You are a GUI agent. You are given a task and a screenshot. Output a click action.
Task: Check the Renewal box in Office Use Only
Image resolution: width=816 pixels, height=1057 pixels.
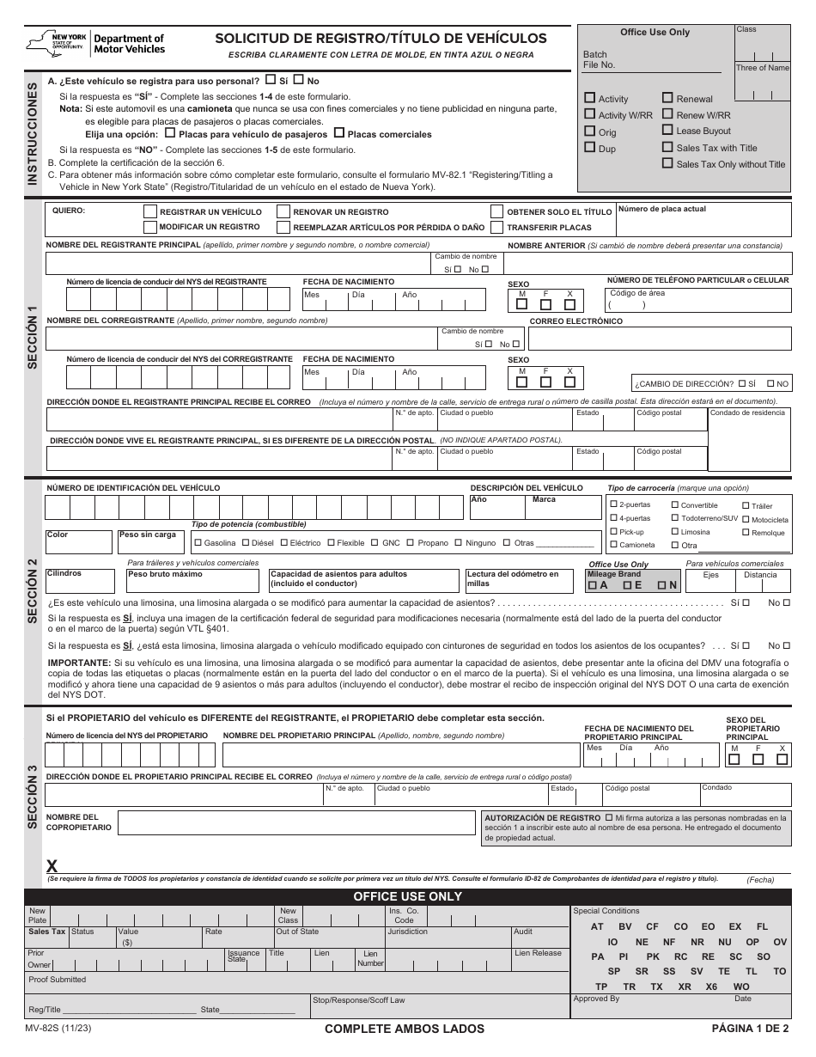point(667,98)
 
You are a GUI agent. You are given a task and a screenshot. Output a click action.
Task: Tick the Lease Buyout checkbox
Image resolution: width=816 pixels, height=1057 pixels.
point(667,130)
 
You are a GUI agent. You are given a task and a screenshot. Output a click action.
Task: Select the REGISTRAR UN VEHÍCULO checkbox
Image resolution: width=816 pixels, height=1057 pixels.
point(150,211)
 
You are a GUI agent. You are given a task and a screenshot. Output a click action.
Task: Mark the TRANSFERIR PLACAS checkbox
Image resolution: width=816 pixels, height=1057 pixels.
point(496,227)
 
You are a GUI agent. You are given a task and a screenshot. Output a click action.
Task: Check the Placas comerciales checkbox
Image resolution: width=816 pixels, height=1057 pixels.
point(338,133)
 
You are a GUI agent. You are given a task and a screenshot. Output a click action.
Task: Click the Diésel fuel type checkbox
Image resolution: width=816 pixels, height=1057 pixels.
point(247,542)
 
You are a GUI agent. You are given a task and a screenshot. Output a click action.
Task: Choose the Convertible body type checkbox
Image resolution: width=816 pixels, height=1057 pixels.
point(675,505)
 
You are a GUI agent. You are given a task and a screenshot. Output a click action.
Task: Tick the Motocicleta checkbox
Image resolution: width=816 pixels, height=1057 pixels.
point(745,519)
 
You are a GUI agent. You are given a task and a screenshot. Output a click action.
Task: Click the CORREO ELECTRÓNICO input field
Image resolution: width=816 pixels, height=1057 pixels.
point(656,339)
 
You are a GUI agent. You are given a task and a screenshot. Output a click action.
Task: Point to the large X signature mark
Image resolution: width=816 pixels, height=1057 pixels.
point(52,866)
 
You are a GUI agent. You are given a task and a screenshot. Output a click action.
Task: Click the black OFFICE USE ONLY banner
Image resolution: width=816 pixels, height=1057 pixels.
point(408,896)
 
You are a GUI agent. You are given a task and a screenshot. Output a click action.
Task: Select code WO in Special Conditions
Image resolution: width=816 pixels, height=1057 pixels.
point(741,987)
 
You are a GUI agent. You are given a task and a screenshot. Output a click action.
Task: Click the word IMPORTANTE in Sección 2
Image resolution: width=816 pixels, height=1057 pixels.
point(78,663)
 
